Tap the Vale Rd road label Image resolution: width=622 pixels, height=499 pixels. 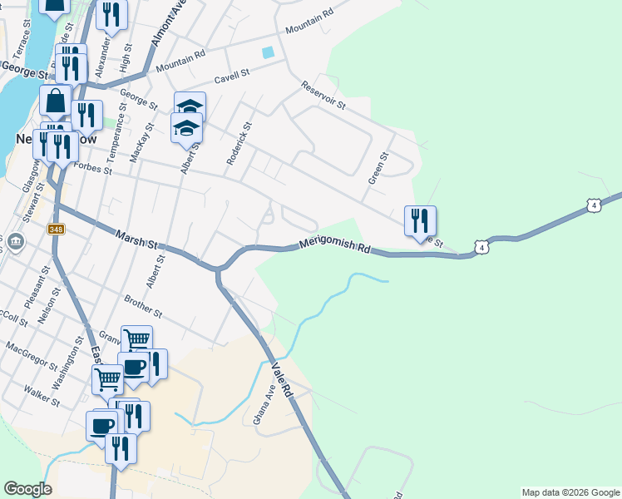pyautogui.click(x=283, y=379)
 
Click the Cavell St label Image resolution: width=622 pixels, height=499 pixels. pyautogui.click(x=231, y=76)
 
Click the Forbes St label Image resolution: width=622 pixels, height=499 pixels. pyautogui.click(x=91, y=169)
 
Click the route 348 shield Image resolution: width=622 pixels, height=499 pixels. pyautogui.click(x=56, y=229)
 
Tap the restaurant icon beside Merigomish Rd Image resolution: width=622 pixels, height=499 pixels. pyautogui.click(x=419, y=221)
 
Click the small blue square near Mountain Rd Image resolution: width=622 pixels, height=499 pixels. pyautogui.click(x=268, y=52)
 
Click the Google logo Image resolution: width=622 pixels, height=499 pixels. pyautogui.click(x=27, y=489)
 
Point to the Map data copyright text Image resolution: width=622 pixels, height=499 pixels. pyautogui.click(x=570, y=492)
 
